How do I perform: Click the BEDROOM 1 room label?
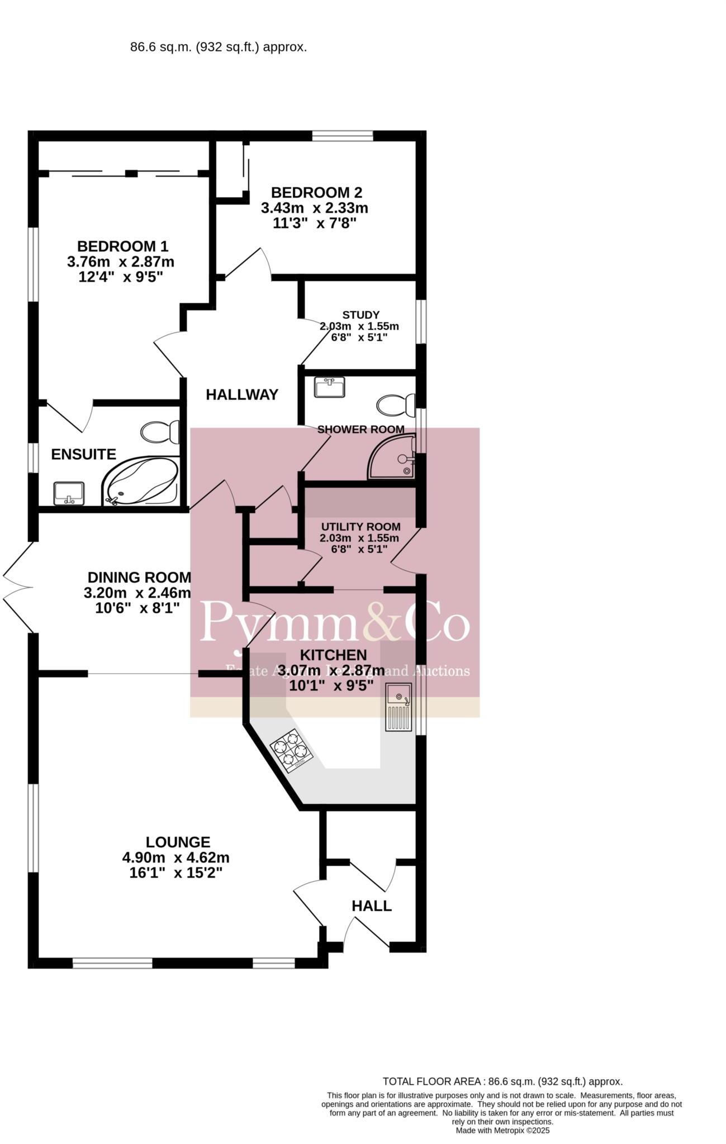122,246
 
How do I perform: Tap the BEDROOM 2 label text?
316,193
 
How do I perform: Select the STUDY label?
360,314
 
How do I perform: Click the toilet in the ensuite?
160,432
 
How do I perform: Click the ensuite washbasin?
69,493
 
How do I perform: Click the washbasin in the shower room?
329,387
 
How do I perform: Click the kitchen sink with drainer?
398,707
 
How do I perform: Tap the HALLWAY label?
242,395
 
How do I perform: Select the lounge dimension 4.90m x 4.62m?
176,857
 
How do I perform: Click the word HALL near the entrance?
372,906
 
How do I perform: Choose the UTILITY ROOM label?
360,527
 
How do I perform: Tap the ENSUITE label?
83,455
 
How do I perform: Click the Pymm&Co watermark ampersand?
382,621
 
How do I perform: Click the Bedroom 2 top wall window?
342,135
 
